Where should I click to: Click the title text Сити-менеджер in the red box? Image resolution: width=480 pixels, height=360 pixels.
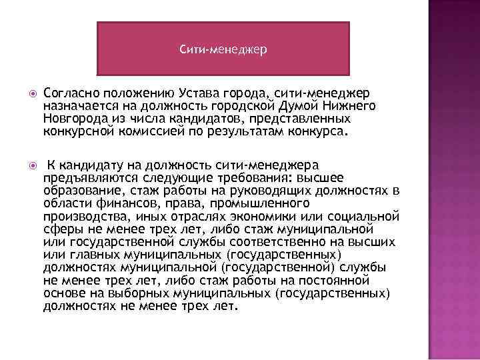pos(223,49)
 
